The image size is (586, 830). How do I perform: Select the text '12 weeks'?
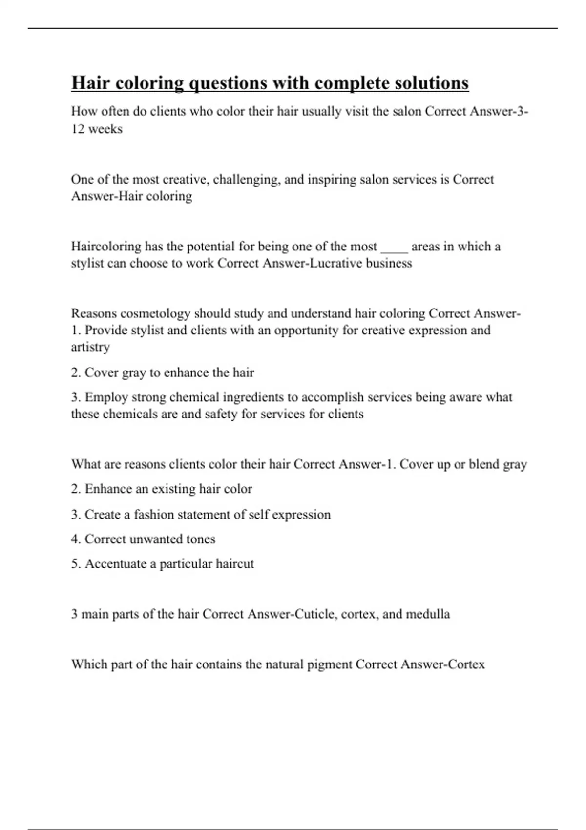point(97,129)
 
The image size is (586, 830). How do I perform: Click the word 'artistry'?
point(90,347)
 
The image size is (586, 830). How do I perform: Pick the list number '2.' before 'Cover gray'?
point(76,373)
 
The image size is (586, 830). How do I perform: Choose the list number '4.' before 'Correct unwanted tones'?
point(76,539)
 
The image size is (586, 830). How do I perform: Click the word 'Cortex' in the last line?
point(467,664)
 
